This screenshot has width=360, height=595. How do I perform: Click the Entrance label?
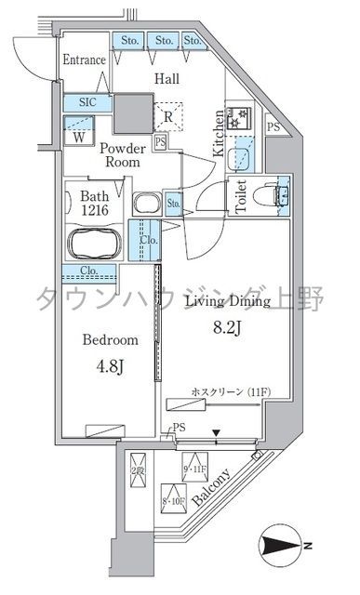(83, 59)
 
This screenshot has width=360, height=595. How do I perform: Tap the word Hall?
(167, 80)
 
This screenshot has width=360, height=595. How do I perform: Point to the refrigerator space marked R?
(167, 116)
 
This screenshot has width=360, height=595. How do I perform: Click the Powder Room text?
(122, 154)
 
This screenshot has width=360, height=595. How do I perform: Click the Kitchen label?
(219, 131)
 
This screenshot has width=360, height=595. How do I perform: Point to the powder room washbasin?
(146, 204)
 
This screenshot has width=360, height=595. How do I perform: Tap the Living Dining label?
(228, 301)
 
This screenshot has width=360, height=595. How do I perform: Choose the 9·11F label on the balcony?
(195, 469)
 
